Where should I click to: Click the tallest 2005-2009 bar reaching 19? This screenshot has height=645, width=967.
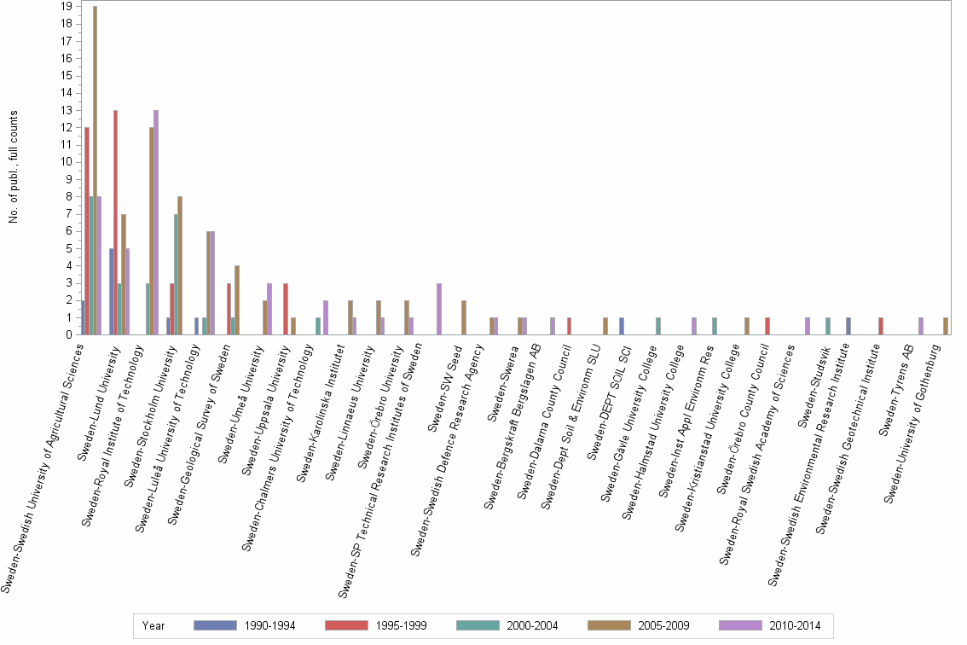(x=95, y=171)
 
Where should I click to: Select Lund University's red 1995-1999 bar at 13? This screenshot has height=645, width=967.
(x=115, y=223)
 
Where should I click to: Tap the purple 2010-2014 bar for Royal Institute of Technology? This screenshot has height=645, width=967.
(x=156, y=223)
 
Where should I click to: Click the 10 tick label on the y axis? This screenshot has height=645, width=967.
(x=66, y=162)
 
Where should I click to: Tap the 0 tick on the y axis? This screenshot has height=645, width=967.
(x=68, y=335)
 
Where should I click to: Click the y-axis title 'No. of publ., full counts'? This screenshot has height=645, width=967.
(x=14, y=167)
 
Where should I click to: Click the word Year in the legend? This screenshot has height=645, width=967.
(x=154, y=625)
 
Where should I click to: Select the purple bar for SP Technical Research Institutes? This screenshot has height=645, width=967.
(x=439, y=309)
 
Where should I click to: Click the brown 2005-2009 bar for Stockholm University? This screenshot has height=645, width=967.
(x=180, y=265)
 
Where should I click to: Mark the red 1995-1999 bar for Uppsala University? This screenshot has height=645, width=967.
(x=286, y=309)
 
